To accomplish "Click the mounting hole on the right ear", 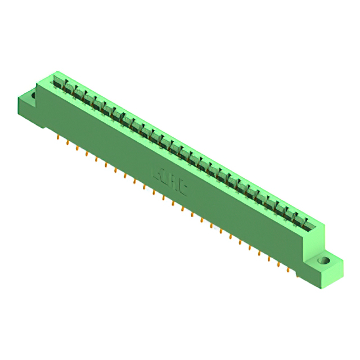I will coord(323,261).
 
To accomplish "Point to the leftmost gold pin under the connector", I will coord(58,137).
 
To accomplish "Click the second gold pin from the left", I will coord(67,143).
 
